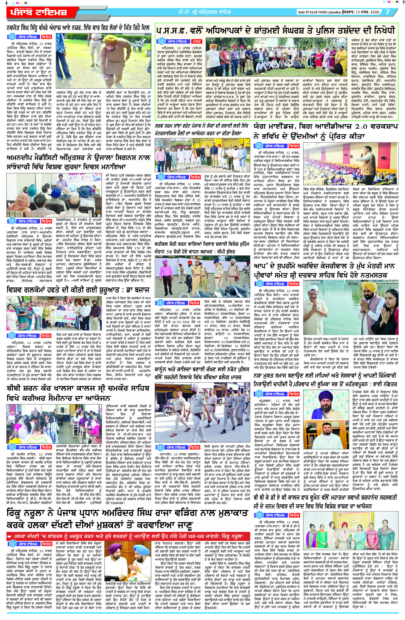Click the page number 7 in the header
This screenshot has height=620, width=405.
tap(388, 12)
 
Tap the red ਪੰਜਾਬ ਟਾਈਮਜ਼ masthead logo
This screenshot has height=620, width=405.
tap(39, 13)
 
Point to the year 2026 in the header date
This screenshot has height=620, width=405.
tap(377, 12)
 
